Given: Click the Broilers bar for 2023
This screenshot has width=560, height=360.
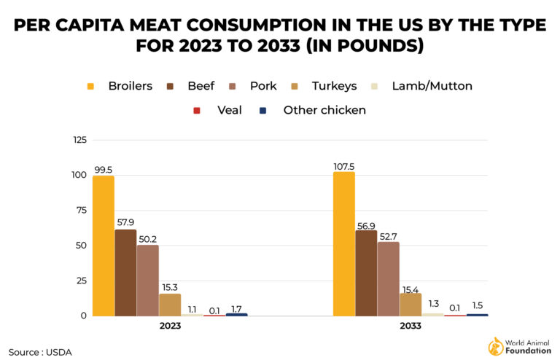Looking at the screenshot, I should tap(104, 246).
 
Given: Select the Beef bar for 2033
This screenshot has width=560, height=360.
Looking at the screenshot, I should tap(366, 273).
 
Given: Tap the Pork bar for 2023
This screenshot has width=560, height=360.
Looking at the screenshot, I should tap(147, 281).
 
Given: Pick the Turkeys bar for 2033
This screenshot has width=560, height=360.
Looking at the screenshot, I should tap(410, 305).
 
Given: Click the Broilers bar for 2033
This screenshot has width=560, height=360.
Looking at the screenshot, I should tap(344, 244).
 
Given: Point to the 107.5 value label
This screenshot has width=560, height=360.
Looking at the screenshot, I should tap(343, 166).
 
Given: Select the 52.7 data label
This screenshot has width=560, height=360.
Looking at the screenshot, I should tap(389, 235).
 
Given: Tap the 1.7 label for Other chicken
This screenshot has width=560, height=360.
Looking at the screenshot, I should tap(236, 308).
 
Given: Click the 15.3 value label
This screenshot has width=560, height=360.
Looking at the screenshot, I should tap(170, 287).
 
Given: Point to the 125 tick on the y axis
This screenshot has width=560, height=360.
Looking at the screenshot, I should tap(79, 140).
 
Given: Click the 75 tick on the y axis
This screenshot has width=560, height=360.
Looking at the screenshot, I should tap(81, 211).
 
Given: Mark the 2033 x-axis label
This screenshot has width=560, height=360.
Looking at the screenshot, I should tap(411, 326).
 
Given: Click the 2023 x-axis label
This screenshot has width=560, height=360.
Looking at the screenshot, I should tap(170, 326).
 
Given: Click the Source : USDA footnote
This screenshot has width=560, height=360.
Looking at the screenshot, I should tap(41, 352).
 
